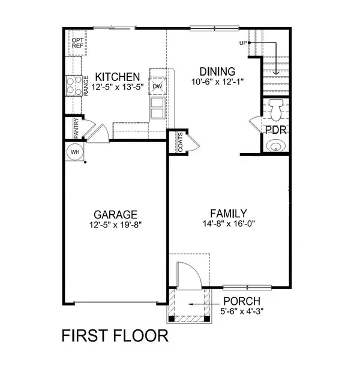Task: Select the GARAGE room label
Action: tap(115, 214)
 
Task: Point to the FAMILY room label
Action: tap(229, 213)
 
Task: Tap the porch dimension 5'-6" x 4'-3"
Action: tap(242, 311)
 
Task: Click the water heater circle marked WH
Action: tap(75, 152)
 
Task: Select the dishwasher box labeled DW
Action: tap(158, 86)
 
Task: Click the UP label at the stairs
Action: tap(243, 43)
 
